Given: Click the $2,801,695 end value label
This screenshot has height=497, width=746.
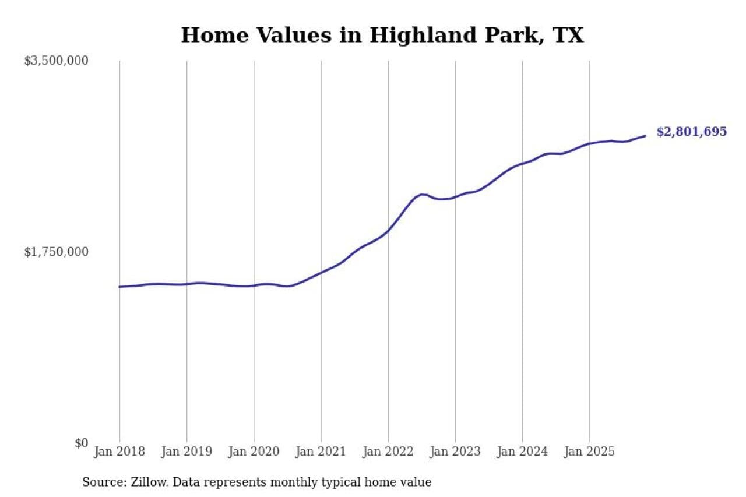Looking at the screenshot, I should tap(691, 132).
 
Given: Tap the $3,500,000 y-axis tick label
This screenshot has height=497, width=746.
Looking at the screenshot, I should tap(56, 61).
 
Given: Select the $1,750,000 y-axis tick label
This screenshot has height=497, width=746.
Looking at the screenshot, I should tap(56, 252).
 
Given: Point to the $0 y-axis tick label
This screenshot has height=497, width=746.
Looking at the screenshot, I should tap(81, 443).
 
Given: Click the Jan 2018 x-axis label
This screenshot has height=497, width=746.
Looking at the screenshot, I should tap(120, 452).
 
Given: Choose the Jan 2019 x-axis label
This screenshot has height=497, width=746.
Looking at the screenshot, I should tap(187, 452).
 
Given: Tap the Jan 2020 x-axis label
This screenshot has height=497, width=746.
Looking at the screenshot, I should tap(254, 452).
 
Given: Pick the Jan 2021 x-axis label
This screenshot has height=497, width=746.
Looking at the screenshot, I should tap(321, 452).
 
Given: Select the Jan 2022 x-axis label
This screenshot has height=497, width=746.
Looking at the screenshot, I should tap(388, 452).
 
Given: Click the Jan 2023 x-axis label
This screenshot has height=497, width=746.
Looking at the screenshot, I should tap(455, 452).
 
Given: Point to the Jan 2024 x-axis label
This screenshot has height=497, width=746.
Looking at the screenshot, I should tap(522, 452).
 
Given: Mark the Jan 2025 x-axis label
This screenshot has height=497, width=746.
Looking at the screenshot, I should tap(589, 452).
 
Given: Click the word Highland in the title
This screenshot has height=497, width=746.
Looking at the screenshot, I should tap(413, 36).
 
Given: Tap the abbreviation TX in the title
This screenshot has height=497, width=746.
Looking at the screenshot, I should tap(568, 36).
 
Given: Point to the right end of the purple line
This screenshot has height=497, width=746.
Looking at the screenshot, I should tap(645, 136).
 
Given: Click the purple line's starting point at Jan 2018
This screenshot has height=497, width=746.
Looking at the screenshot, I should tap(120, 287).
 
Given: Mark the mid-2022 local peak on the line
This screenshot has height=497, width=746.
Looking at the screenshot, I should tap(422, 194).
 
